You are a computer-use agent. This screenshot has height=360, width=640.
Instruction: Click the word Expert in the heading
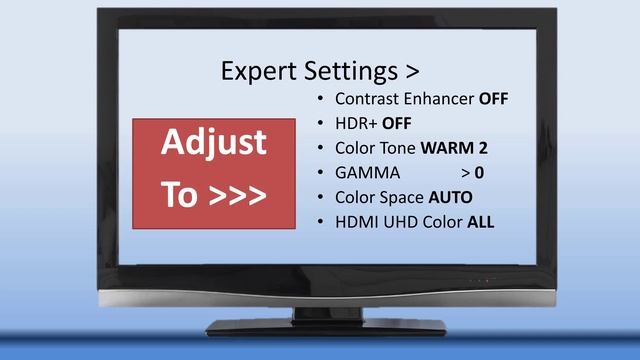pyautogui.click(x=255, y=72)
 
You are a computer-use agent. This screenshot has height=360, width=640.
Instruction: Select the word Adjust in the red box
pyautogui.click(x=214, y=143)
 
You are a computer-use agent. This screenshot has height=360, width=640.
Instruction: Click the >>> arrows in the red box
pyautogui.click(x=237, y=194)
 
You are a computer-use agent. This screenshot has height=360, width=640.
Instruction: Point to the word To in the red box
pyautogui.click(x=180, y=194)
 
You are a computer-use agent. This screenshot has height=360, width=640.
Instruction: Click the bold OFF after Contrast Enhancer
pyautogui.click(x=494, y=99)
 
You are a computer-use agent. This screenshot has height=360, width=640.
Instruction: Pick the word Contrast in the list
pyautogui.click(x=366, y=99)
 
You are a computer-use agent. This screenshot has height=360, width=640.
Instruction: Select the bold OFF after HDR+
pyautogui.click(x=397, y=124)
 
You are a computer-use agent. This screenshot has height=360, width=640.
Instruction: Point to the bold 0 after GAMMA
pyautogui.click(x=480, y=173)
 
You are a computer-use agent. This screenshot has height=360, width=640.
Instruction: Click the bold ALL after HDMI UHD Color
pyautogui.click(x=481, y=222)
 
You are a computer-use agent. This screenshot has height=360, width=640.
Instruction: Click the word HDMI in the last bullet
pyautogui.click(x=356, y=222)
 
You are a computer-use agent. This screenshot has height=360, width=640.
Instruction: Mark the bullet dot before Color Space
pyautogui.click(x=319, y=197)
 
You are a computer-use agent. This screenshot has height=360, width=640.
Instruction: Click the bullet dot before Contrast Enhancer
pyautogui.click(x=319, y=99)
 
